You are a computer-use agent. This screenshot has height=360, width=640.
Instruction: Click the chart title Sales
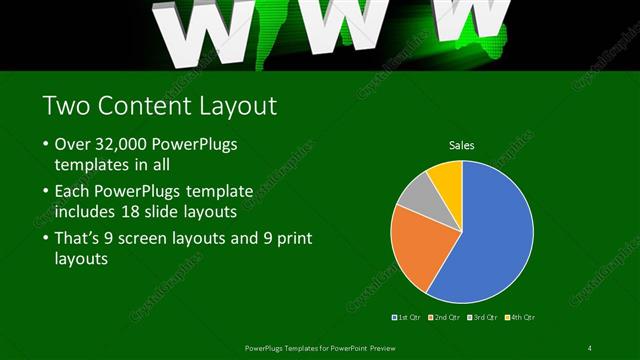click(x=461, y=146)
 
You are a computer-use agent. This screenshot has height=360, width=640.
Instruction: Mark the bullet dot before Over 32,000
click(x=46, y=145)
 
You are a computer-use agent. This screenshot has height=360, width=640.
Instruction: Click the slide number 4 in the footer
click(x=589, y=347)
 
